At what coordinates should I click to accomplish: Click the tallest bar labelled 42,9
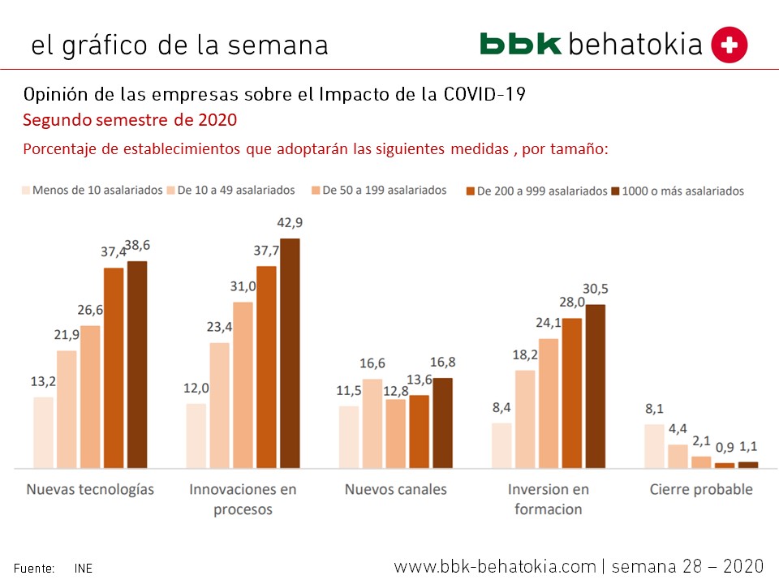point(290,353)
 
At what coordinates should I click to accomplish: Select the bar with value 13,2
point(44,432)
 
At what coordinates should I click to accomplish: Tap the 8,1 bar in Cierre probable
point(655,445)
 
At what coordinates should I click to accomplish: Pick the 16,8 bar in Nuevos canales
point(442,423)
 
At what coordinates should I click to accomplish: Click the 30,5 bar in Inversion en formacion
point(596,386)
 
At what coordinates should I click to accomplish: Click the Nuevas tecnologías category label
point(90,490)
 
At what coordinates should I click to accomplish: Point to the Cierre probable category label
point(701,490)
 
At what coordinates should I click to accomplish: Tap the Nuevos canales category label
point(395,490)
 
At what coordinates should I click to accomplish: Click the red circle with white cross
point(729,45)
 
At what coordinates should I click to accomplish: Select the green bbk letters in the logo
point(520,44)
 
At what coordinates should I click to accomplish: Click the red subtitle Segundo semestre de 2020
point(130,121)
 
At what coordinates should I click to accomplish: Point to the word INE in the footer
point(84,569)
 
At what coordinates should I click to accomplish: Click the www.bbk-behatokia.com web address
point(495,566)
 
